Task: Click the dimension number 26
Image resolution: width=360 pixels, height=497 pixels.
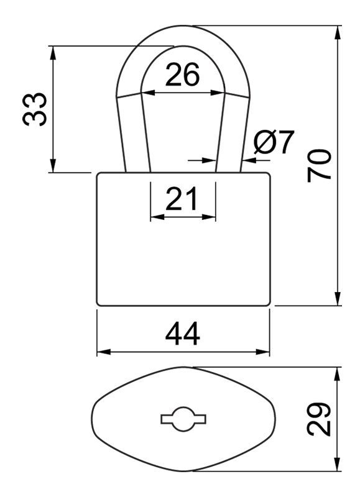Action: tap(182, 75)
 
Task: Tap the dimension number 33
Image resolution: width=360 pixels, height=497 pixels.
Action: tap(35, 109)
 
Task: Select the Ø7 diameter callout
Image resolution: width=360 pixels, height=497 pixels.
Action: tap(274, 142)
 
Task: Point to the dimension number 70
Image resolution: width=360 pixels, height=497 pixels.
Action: tap(320, 166)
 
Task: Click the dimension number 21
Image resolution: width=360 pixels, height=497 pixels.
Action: tap(182, 199)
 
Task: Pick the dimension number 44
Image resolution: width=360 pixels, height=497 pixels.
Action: tap(183, 334)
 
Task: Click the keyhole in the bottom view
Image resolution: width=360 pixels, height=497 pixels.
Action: tap(183, 419)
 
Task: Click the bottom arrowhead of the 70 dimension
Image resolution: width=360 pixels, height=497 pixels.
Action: tap(338, 298)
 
